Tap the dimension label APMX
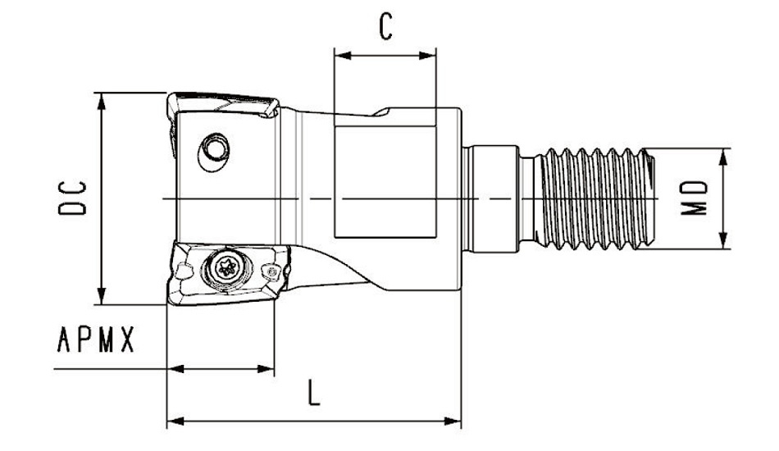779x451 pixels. tap(95, 339)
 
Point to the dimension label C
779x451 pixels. tap(385, 28)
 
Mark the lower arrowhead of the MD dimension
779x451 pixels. tap(725, 244)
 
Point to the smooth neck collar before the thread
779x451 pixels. tap(492, 198)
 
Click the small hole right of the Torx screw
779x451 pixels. tap(269, 270)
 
